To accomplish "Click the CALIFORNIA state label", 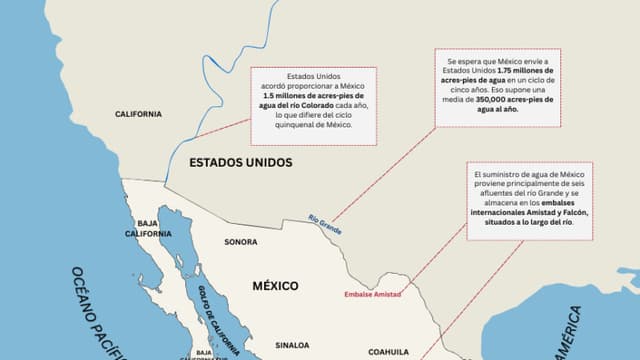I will pyautogui.click(x=138, y=114).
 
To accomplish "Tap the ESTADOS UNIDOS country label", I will pyautogui.click(x=240, y=161).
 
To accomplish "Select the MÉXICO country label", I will pyautogui.click(x=274, y=285).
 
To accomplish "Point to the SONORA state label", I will pyautogui.click(x=240, y=242).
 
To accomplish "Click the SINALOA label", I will pyautogui.click(x=292, y=345).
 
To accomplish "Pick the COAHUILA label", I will pyautogui.click(x=388, y=352).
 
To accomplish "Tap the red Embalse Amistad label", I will pyautogui.click(x=372, y=294).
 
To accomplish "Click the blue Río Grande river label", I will pyautogui.click(x=325, y=225).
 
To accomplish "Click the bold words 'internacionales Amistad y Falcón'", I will pyautogui.click(x=529, y=213).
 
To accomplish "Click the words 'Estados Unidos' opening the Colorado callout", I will pyautogui.click(x=312, y=77).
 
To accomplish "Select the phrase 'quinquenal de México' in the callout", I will pyautogui.click(x=313, y=125).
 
